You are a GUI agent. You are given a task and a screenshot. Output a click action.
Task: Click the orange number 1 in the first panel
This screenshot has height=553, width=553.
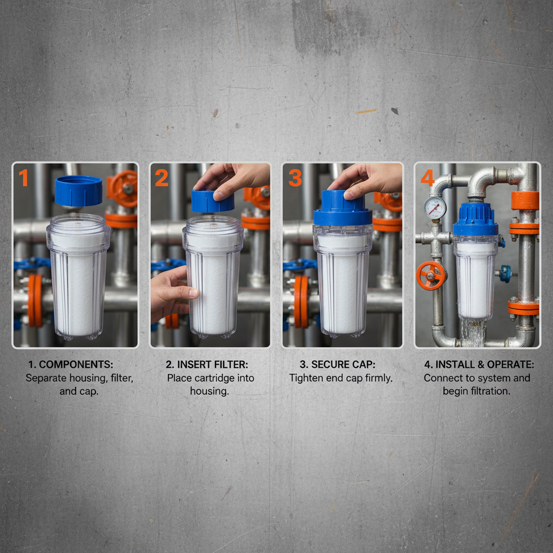(23, 178)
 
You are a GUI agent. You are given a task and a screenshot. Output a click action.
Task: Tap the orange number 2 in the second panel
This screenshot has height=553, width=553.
(161, 178)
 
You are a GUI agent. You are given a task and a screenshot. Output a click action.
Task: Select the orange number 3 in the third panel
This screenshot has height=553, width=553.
(294, 178)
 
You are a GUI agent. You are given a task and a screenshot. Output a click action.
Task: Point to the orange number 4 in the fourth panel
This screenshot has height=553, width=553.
(427, 178)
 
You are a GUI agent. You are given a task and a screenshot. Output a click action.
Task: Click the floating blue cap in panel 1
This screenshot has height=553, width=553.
(78, 191)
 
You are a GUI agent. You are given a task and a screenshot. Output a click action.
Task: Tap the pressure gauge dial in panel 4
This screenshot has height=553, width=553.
(435, 207)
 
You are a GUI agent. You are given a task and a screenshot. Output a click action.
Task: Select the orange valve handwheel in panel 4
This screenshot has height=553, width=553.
(430, 275)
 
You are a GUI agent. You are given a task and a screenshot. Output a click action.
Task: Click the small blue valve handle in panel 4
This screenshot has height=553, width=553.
(505, 273)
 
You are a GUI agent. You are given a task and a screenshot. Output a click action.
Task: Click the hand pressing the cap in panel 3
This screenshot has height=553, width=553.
(367, 179)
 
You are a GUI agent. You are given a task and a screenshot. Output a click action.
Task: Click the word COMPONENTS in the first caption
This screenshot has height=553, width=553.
(76, 365)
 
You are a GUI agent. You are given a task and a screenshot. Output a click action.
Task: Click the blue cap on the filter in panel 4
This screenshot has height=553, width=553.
(475, 220)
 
